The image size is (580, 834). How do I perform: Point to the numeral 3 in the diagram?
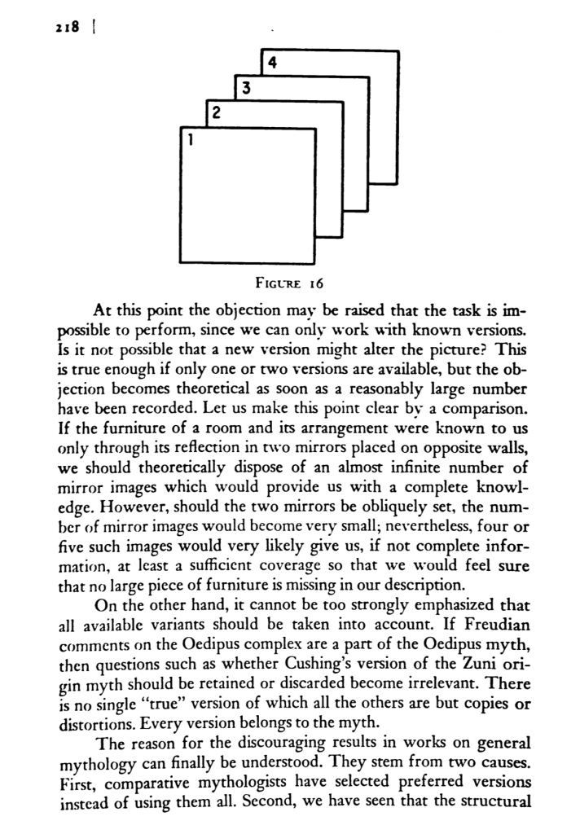click(245, 86)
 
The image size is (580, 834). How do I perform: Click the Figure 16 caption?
click(289, 285)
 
